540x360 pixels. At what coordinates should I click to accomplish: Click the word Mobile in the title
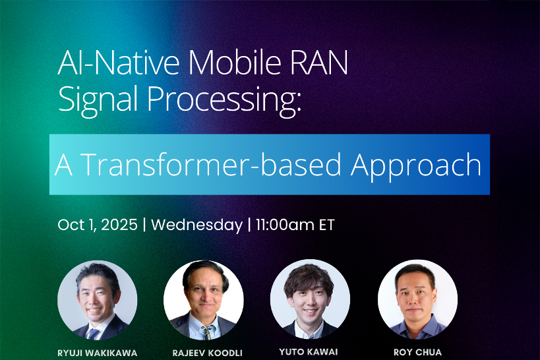(x=234, y=63)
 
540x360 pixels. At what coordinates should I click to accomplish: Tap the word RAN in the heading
(x=320, y=63)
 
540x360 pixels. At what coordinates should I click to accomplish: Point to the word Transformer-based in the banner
(x=212, y=165)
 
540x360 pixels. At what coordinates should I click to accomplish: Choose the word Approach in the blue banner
(x=416, y=166)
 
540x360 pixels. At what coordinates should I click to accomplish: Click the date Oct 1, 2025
(x=98, y=225)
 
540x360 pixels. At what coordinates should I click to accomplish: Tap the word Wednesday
(x=197, y=225)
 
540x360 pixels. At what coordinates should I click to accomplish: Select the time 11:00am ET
(x=295, y=225)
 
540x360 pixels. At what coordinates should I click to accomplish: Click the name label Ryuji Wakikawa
(x=98, y=353)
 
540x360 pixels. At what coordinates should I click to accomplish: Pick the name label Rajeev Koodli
(x=207, y=353)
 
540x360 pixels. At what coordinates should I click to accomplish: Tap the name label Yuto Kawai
(x=309, y=351)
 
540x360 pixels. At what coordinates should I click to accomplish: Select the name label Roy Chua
(x=417, y=352)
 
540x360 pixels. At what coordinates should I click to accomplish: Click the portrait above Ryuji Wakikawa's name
(x=97, y=300)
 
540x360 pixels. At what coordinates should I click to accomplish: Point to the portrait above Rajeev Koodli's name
(x=204, y=300)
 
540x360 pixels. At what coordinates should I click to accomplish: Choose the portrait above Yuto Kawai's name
(x=310, y=299)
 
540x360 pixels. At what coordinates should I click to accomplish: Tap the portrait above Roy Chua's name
(x=417, y=299)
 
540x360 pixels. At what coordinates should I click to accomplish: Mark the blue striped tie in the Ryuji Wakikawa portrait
(x=92, y=334)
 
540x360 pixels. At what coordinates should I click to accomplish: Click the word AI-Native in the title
(x=119, y=63)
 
